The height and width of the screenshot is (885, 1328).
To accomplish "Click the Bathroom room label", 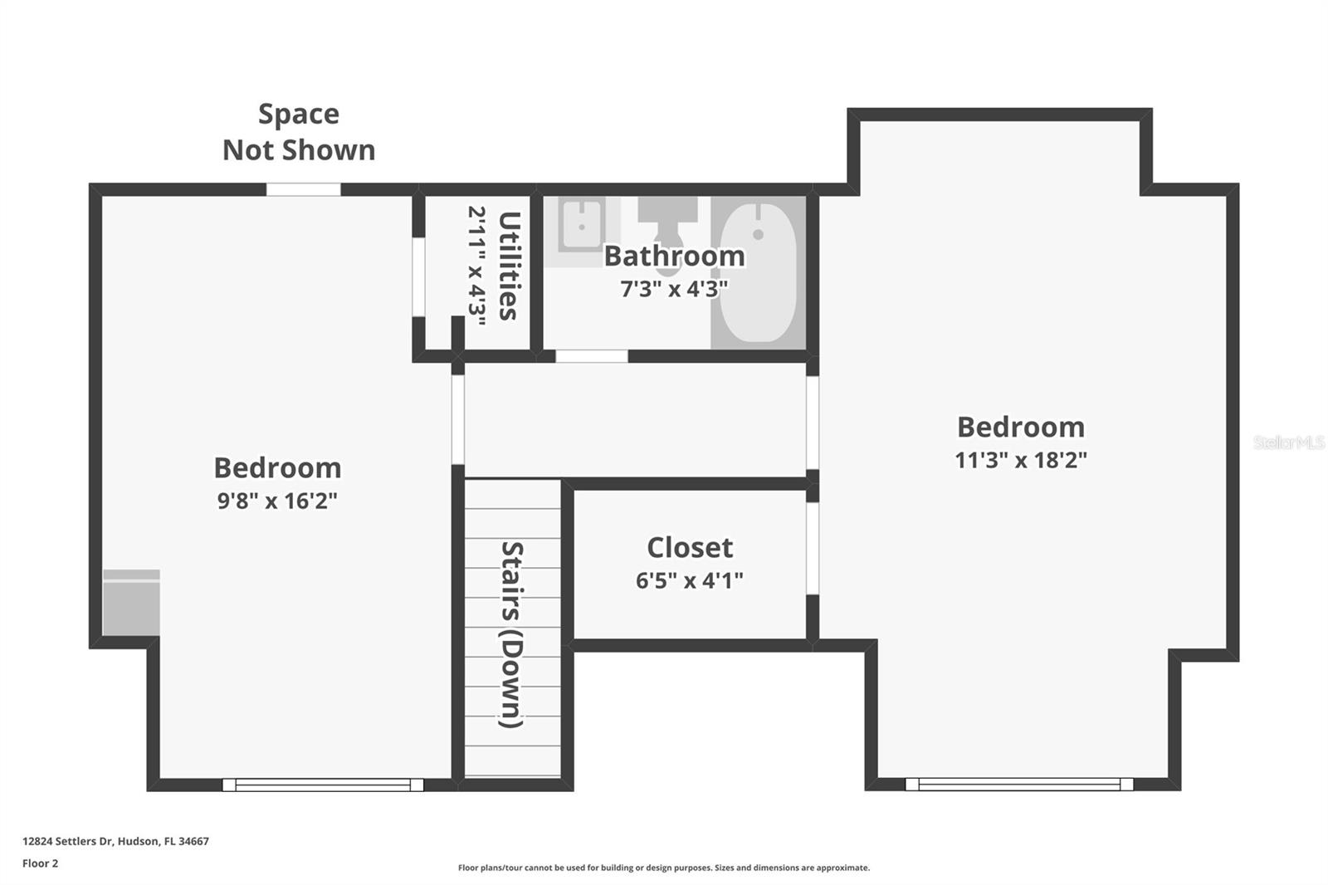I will click(674, 256).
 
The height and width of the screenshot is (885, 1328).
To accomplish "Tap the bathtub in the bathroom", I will click(758, 272).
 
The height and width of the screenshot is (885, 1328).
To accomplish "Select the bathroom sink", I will click(581, 225).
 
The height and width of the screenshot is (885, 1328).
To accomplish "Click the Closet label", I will click(690, 548).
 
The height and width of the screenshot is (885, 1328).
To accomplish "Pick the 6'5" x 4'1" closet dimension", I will click(689, 580).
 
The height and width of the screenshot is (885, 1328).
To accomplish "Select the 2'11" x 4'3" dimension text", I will click(476, 266).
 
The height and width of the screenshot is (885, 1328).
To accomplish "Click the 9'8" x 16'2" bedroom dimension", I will click(277, 501).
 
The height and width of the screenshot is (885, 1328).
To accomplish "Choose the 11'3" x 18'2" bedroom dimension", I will click(1020, 460).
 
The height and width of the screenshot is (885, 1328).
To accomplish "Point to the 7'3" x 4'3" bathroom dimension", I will click(674, 289).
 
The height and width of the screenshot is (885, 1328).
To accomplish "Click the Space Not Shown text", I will click(299, 132).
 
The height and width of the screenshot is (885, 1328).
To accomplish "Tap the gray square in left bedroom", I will click(131, 603).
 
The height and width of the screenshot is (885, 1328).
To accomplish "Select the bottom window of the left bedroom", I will click(323, 785).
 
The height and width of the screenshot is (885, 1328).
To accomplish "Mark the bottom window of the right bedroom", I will click(1018, 784).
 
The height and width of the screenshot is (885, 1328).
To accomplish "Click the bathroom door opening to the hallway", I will click(591, 356).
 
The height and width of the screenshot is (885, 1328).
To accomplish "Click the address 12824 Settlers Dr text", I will click(115, 841).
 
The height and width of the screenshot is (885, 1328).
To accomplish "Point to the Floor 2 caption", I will click(40, 863).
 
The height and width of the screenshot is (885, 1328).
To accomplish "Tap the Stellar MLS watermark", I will click(1288, 442).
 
